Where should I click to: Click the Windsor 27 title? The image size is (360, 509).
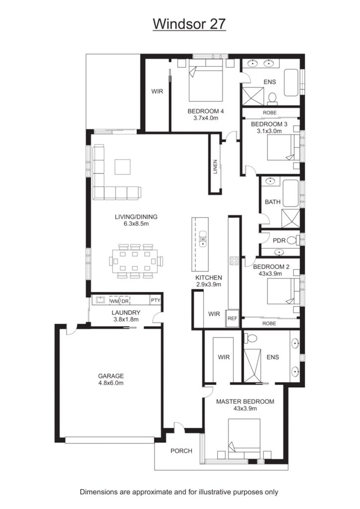(189, 24)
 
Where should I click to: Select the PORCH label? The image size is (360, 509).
(181, 451)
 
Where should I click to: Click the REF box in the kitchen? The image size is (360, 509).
(232, 319)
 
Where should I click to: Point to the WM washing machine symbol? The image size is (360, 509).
(114, 301)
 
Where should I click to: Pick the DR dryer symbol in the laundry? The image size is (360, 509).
(125, 301)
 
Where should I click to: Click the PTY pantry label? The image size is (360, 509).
(156, 300)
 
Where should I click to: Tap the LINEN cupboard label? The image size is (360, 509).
(215, 167)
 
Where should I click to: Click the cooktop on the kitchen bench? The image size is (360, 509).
(234, 260)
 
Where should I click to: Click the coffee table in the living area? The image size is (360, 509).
(122, 167)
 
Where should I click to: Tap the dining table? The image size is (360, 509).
(135, 261)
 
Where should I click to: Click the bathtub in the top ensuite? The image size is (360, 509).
(291, 83)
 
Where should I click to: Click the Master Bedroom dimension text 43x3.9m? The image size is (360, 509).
(245, 409)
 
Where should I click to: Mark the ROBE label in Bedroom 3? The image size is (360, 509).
(270, 113)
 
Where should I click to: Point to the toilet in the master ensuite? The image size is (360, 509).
(250, 338)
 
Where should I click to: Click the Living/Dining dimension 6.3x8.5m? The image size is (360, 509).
(136, 224)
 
